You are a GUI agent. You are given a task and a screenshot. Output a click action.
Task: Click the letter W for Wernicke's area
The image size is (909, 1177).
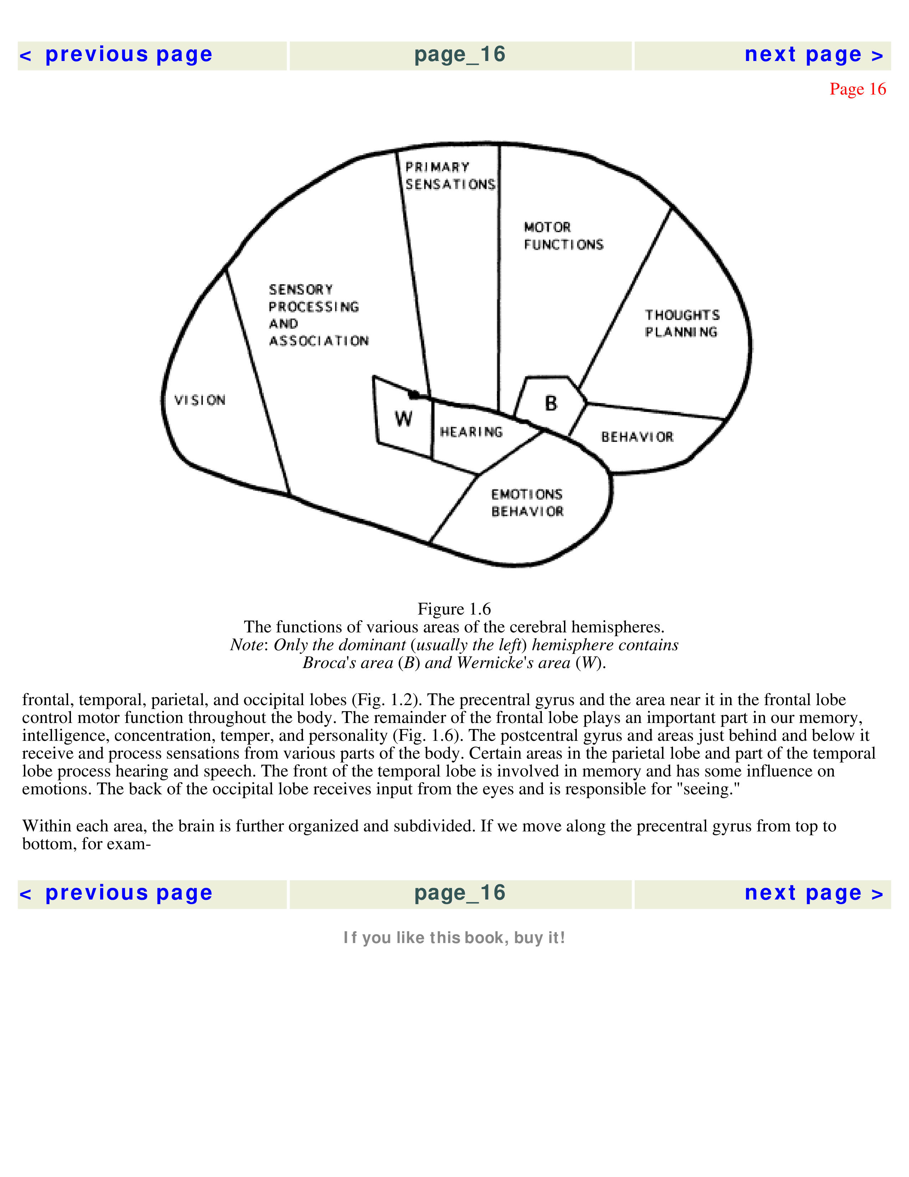tap(403, 418)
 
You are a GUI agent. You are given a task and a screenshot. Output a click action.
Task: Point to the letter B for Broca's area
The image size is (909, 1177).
tap(551, 403)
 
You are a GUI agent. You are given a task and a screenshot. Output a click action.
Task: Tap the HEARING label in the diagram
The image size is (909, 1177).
tap(471, 432)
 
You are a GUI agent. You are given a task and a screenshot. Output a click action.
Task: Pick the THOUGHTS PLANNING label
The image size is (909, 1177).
tap(682, 323)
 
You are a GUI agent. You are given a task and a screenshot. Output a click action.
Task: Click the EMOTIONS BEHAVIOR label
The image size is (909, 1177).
tap(527, 503)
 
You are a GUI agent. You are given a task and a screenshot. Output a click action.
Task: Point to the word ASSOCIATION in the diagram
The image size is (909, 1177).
tap(319, 341)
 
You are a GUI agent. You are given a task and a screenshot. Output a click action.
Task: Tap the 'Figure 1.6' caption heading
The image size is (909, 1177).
tap(454, 609)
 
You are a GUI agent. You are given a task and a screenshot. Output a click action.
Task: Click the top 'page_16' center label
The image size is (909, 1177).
tap(460, 55)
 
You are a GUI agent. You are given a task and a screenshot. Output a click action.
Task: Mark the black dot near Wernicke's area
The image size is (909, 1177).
tap(413, 395)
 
